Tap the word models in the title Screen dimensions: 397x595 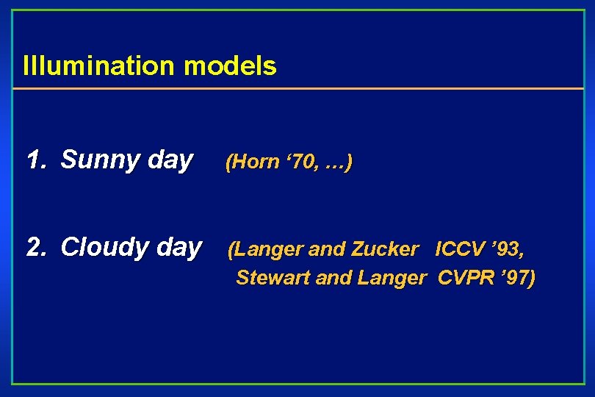coord(231,66)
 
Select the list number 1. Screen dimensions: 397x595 coord(34,160)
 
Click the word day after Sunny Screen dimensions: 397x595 coord(170,160)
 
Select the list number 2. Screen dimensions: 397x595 coord(34,247)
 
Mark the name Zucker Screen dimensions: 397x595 coord(384,250)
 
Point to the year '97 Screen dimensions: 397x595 coord(513,278)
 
